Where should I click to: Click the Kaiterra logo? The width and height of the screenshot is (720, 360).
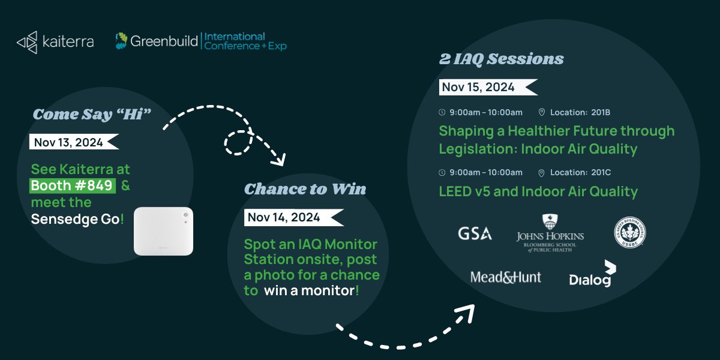[55, 42]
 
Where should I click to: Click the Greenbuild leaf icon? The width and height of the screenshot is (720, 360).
[122, 41]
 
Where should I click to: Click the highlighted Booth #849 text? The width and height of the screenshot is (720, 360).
[73, 185]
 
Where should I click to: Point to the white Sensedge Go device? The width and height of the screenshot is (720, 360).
[163, 232]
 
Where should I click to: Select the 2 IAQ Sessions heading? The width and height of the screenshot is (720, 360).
[501, 59]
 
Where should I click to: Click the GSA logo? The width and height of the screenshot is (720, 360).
[475, 233]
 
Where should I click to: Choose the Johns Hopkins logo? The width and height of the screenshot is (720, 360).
[550, 233]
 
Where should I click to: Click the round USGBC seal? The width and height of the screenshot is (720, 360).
[629, 233]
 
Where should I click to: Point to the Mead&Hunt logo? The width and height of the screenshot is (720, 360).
[506, 277]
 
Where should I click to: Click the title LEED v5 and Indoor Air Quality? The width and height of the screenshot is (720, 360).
[538, 191]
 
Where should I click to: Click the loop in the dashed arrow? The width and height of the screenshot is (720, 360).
[237, 142]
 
